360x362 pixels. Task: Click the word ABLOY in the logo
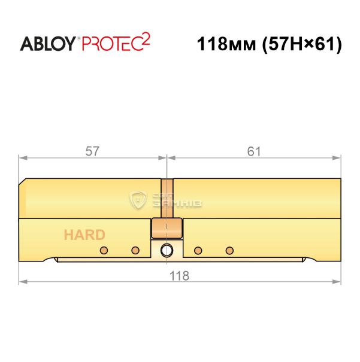click(x=47, y=44)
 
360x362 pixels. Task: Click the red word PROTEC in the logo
click(x=112, y=44)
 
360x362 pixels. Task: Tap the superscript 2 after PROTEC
click(x=146, y=39)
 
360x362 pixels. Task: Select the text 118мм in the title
click(x=226, y=44)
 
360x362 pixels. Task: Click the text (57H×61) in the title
click(x=302, y=44)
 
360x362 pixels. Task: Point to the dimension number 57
click(x=92, y=151)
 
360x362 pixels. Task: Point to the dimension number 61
click(x=254, y=151)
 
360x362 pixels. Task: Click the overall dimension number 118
click(x=179, y=276)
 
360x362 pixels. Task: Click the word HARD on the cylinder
click(x=84, y=235)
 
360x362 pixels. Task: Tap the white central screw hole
click(x=167, y=250)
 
